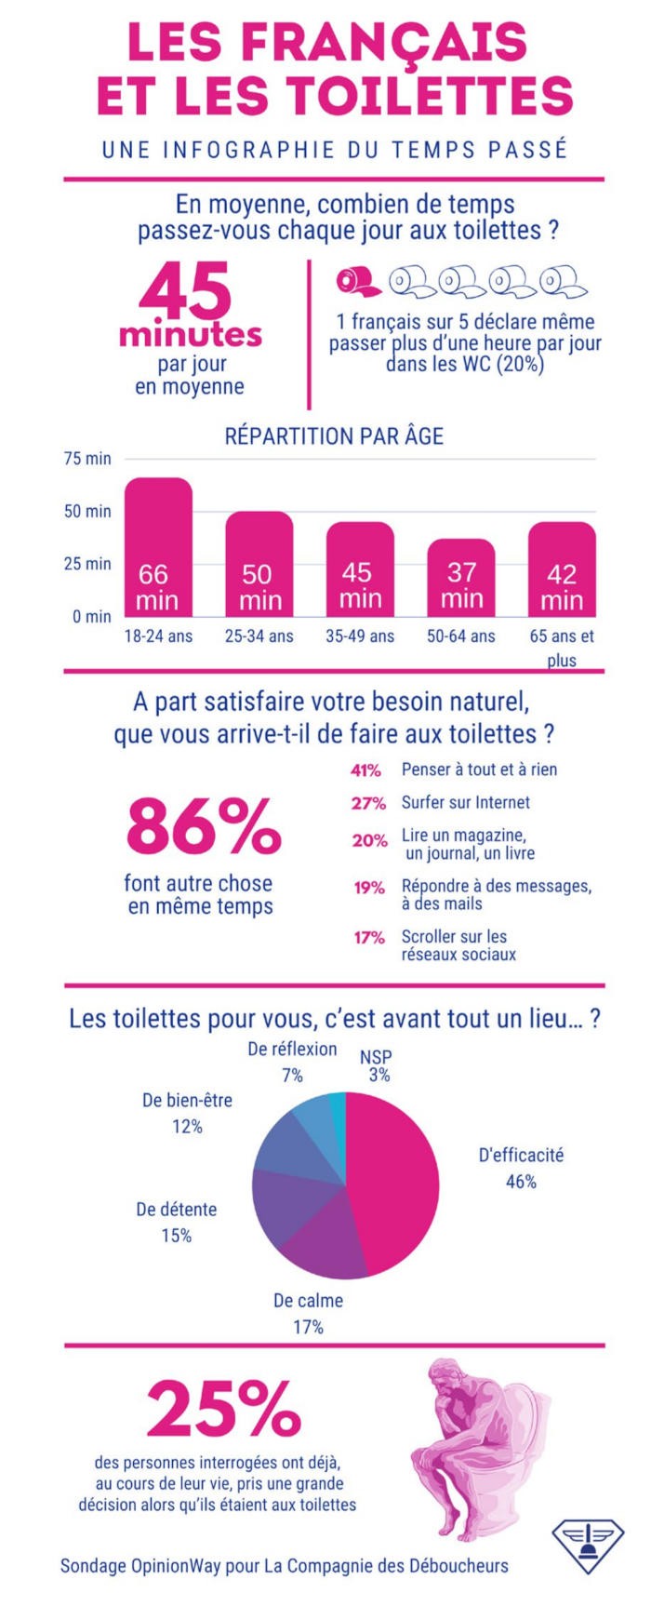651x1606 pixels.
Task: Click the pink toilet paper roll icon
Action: click(357, 280)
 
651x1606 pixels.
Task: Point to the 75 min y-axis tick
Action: click(87, 459)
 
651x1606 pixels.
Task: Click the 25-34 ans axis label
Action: click(259, 636)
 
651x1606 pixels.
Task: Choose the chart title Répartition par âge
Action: click(334, 435)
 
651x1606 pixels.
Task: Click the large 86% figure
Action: click(204, 825)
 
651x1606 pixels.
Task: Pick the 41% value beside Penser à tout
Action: click(365, 770)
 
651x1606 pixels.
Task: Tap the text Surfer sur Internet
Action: click(465, 802)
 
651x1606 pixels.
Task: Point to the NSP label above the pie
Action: click(376, 1057)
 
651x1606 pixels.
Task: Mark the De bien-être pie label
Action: click(187, 1101)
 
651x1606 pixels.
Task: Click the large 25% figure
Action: click(223, 1409)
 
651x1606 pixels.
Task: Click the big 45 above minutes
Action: click(185, 290)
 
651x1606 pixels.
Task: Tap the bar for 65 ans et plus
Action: click(562, 569)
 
